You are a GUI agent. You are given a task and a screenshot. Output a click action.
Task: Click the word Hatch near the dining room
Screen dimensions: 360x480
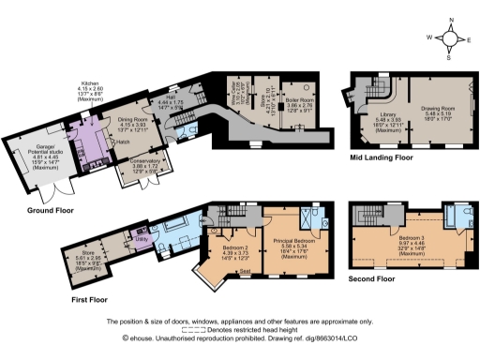pyautogui.click(x=124, y=143)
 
